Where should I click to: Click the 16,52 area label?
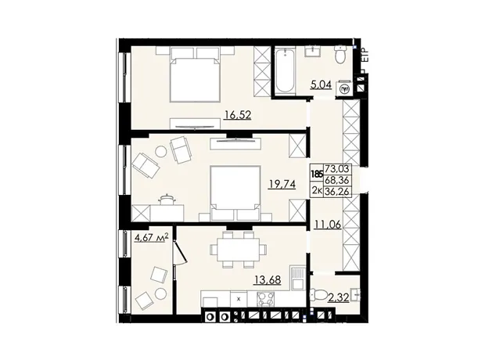(x=238, y=115)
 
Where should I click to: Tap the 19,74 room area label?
(x=282, y=184)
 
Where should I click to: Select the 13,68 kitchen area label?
(x=268, y=280)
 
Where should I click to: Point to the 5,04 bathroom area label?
(x=322, y=85)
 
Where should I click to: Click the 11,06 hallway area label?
(x=328, y=224)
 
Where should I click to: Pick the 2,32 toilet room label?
(x=339, y=297)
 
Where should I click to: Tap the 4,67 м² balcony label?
(x=152, y=238)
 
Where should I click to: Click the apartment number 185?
(x=317, y=174)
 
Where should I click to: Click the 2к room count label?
(x=317, y=191)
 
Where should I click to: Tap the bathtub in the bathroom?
(x=285, y=70)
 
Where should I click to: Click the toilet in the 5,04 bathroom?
(x=340, y=55)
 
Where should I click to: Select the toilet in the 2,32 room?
(x=316, y=294)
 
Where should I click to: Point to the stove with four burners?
(x=266, y=299)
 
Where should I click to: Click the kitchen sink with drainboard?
(x=297, y=277)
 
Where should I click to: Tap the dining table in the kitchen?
(x=238, y=250)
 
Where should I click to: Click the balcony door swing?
(x=180, y=251)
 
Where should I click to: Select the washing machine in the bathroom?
(x=344, y=89)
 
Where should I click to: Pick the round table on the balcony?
(x=160, y=293)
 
